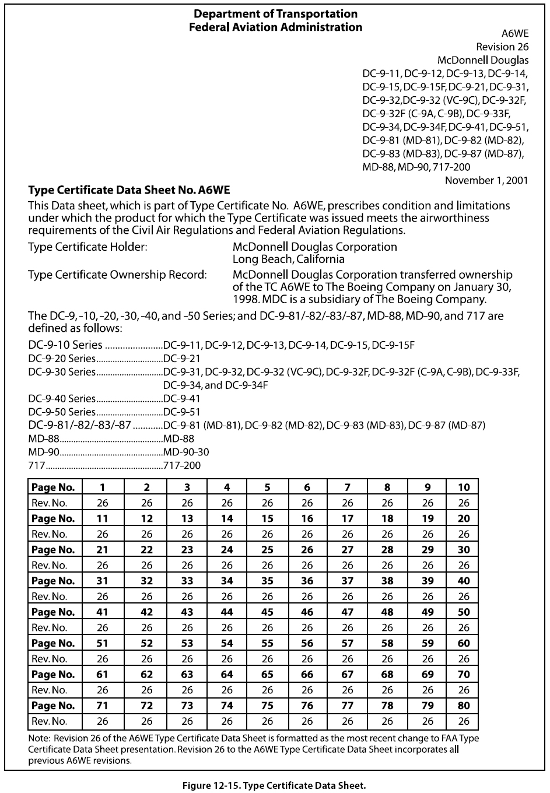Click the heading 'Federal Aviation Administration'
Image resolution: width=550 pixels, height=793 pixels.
coord(275,27)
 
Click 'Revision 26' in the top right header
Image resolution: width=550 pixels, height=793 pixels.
coord(502,47)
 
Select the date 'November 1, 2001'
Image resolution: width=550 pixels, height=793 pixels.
coord(486,180)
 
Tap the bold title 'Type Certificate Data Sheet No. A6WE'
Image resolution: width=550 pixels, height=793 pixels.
coord(129,190)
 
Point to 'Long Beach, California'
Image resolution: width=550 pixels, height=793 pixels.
coord(288,259)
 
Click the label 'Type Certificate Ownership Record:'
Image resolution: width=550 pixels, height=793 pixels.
coord(117,275)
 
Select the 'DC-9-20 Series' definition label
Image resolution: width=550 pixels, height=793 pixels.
coord(62,359)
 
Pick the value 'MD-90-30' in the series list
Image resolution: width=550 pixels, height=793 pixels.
coord(186,452)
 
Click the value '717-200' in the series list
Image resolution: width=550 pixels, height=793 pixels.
coord(182,465)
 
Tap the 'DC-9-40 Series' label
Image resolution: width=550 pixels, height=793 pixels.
coord(62,399)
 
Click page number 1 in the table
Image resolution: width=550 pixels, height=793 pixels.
coord(103,487)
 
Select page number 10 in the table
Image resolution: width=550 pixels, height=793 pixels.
coord(464,487)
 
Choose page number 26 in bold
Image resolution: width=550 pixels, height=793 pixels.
coord(307,550)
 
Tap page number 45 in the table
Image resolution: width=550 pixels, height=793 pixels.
coord(267,612)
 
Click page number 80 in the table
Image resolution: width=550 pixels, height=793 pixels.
coord(464,706)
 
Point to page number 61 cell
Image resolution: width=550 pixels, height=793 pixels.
coord(103,675)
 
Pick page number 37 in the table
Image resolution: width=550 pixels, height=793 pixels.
coord(348,581)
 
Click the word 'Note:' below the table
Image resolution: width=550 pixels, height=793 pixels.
coord(40,738)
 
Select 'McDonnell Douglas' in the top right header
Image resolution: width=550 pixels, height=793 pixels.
coord(483,60)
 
